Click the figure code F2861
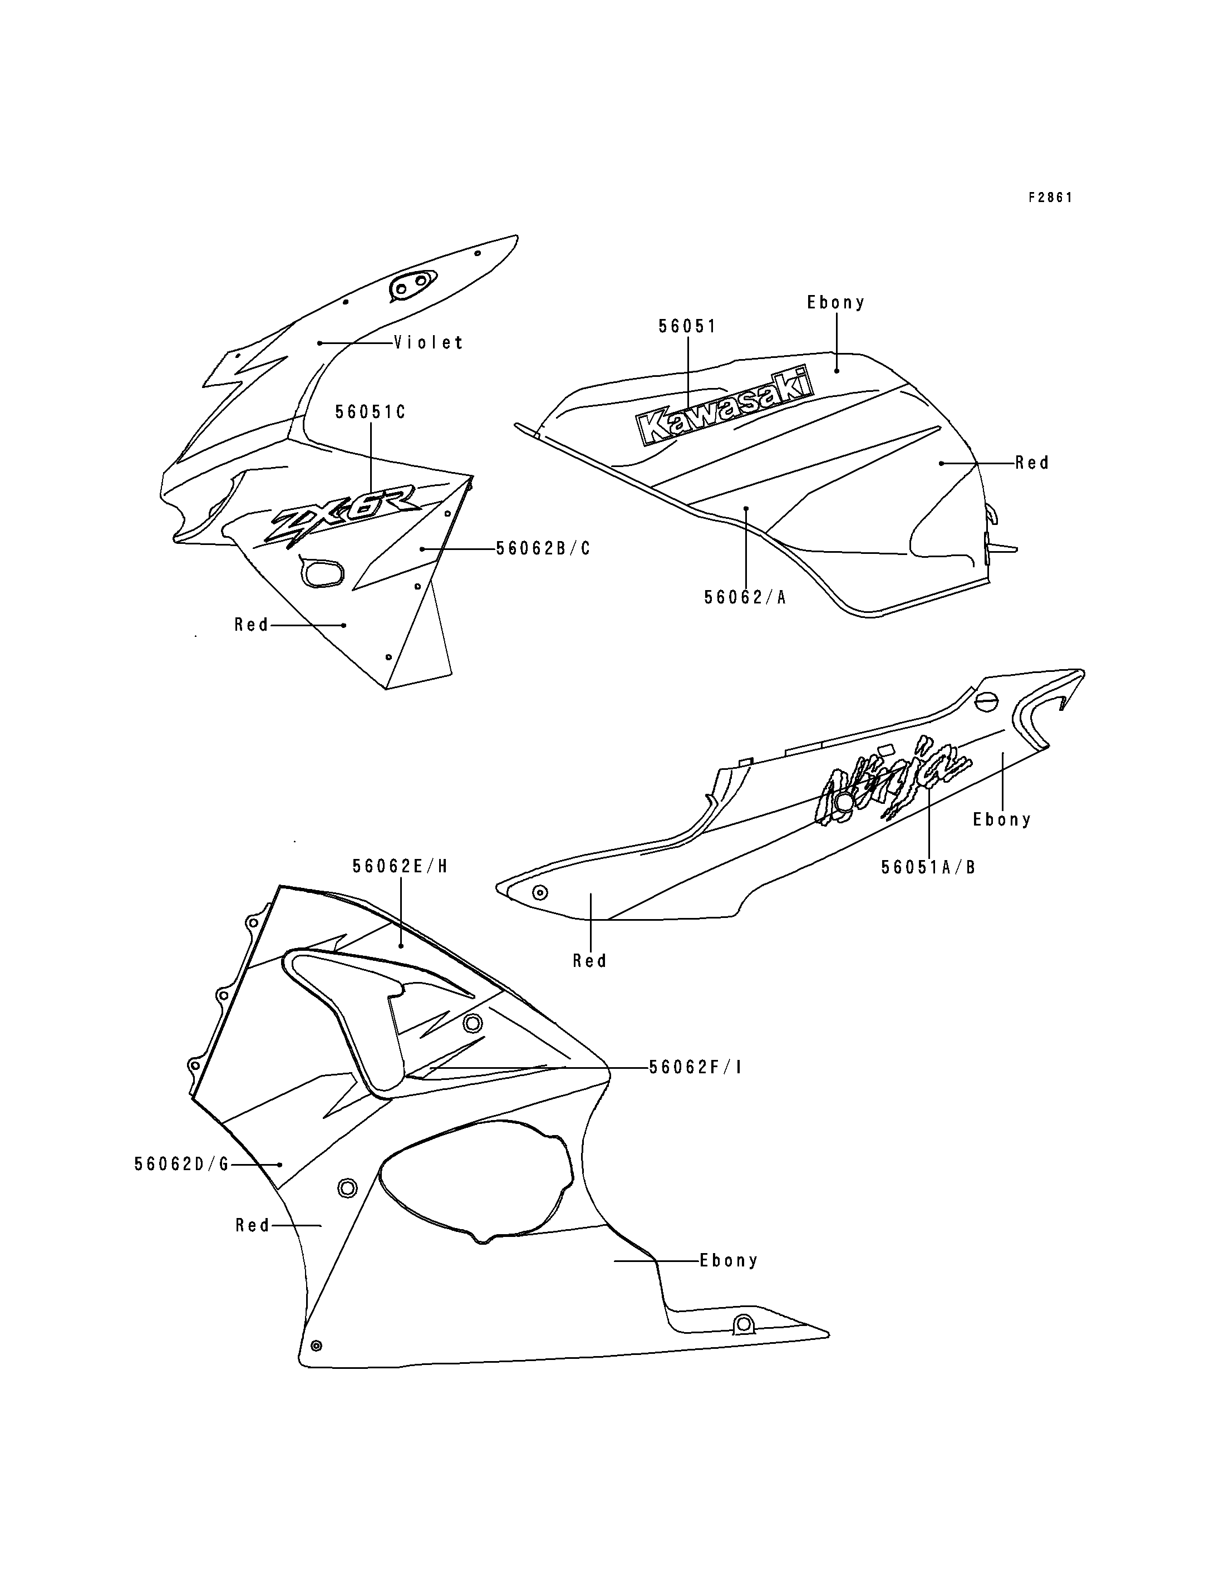[x=1050, y=198]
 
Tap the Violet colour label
[x=429, y=342]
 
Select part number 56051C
[x=370, y=412]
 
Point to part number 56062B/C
[x=543, y=548]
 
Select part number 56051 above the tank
[x=687, y=326]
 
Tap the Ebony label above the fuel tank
[x=836, y=302]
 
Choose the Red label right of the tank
[x=1032, y=463]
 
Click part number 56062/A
[x=745, y=597]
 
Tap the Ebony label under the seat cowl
[x=1002, y=819]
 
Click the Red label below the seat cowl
[x=589, y=960]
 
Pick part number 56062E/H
[x=400, y=866]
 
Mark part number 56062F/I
[x=696, y=1067]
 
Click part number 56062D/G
[x=181, y=1164]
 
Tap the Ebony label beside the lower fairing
[x=729, y=1260]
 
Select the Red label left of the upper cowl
[x=251, y=625]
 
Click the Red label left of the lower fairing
[x=253, y=1225]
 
